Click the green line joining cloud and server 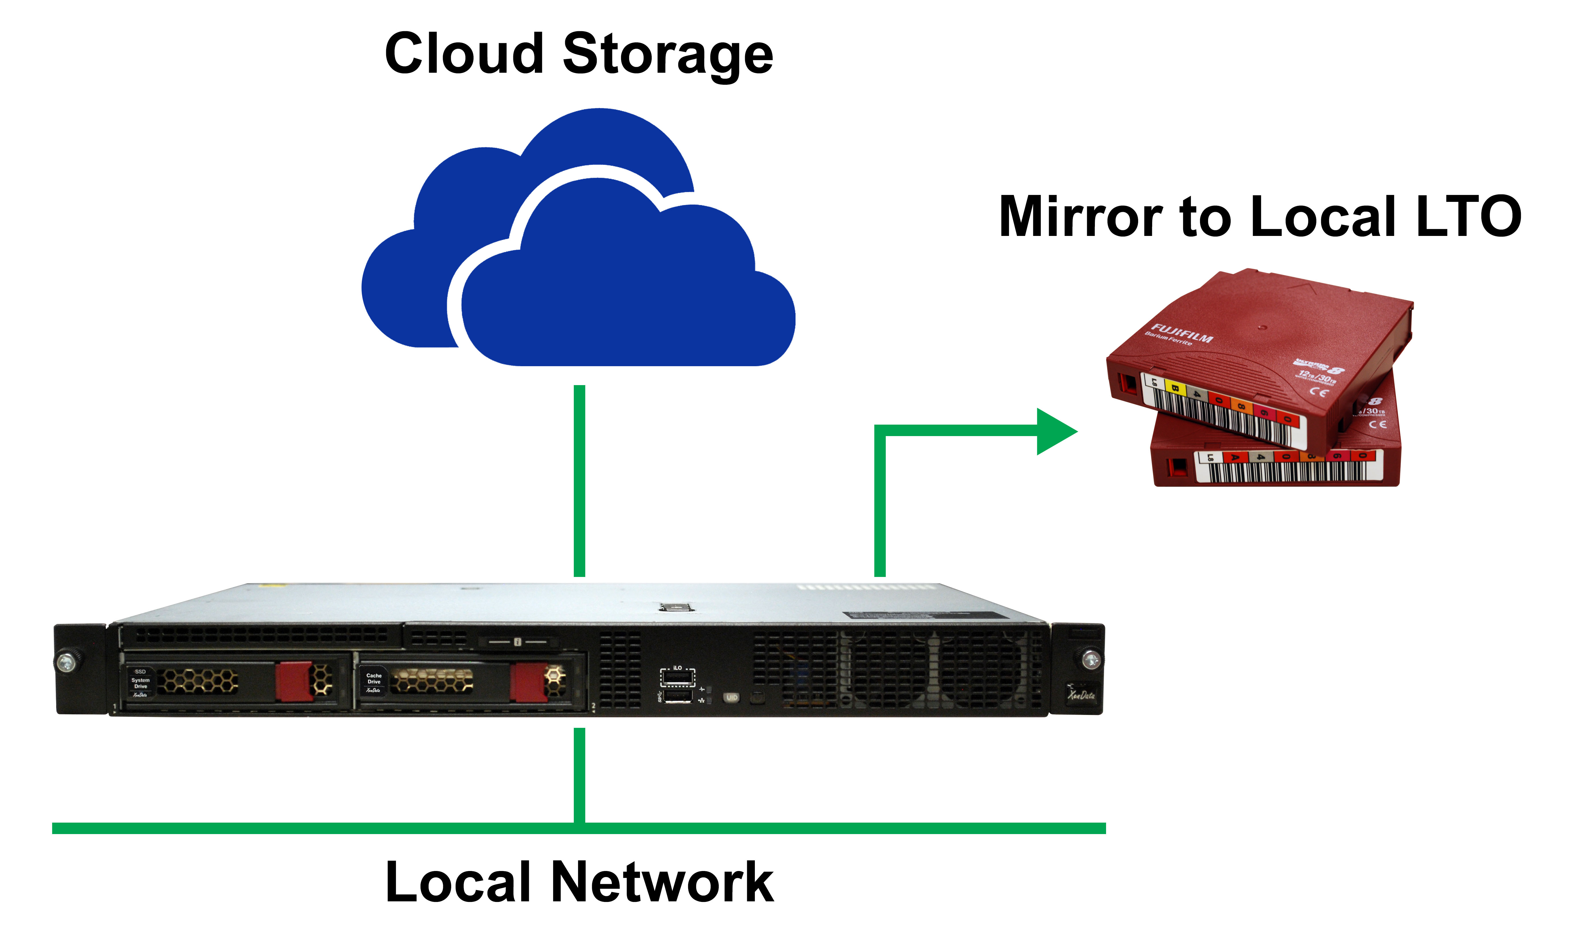[x=579, y=480]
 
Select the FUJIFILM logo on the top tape [x=1181, y=333]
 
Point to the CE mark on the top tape [x=1319, y=392]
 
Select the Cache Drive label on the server [x=374, y=679]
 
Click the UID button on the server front [x=732, y=697]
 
